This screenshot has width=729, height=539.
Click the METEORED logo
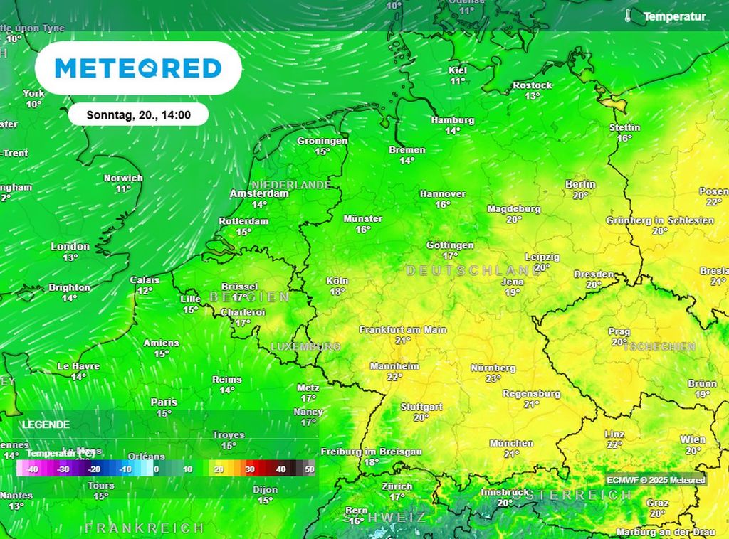(x=138, y=68)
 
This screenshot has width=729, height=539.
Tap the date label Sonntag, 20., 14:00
(x=138, y=114)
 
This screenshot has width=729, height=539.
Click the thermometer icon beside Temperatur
(x=628, y=16)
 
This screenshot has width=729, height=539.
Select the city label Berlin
(x=580, y=184)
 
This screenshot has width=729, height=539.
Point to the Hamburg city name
(x=452, y=120)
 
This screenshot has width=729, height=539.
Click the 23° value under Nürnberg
(x=493, y=379)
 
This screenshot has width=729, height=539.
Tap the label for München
(x=511, y=443)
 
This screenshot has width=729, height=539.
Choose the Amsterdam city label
(x=259, y=193)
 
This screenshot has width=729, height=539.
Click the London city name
(x=70, y=247)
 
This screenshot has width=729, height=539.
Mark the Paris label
(x=164, y=402)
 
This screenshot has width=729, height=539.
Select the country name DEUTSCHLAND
(x=473, y=271)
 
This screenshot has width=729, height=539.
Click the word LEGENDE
(x=46, y=425)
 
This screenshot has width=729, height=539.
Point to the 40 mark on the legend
(x=280, y=469)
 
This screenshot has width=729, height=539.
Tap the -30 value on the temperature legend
(x=63, y=469)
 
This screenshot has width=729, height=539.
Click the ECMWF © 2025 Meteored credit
(x=656, y=480)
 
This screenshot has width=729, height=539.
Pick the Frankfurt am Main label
(x=403, y=330)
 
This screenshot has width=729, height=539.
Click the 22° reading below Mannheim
(x=394, y=377)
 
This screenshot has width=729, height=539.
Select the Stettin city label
(x=624, y=127)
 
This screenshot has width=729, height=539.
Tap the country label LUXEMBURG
(x=305, y=346)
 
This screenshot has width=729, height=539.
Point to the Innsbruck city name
(x=505, y=492)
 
